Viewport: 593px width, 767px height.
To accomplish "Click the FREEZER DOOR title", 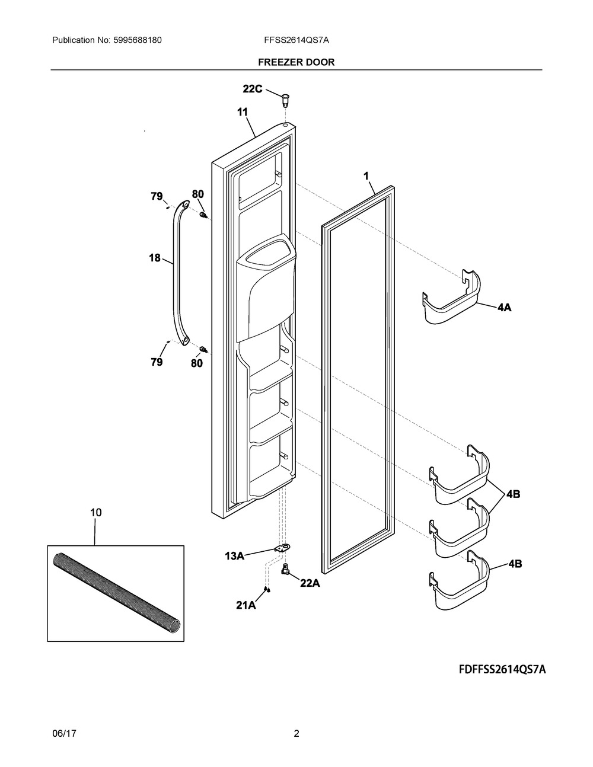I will (296, 62).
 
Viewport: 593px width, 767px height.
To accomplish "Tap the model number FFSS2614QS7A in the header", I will (296, 40).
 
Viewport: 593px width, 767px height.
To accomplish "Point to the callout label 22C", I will (252, 89).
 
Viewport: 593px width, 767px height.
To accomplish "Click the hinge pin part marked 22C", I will (285, 98).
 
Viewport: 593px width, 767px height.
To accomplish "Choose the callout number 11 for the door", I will (243, 111).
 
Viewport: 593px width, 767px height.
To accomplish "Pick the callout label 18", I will (155, 258).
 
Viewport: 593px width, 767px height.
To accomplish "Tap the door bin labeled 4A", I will (452, 299).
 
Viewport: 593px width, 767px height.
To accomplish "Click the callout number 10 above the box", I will (95, 512).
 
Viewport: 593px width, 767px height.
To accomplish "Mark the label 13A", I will (234, 555).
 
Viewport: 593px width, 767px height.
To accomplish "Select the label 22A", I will (310, 583).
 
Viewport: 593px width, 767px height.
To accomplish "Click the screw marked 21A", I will (267, 589).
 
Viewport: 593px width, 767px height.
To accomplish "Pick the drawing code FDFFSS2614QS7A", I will (502, 670).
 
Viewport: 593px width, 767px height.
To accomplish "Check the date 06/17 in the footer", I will (63, 733).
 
